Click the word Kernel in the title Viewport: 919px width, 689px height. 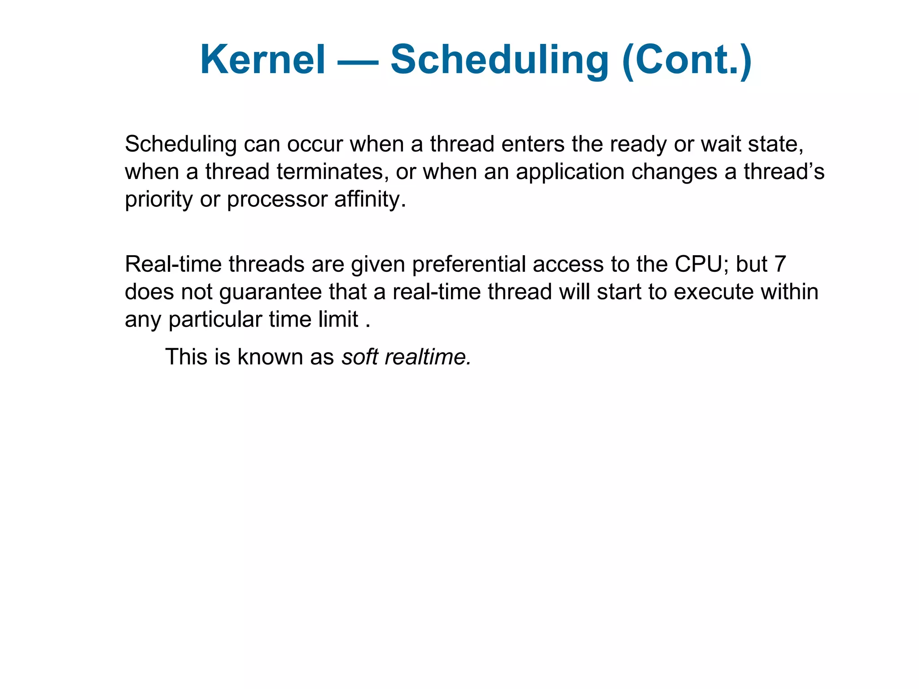(x=263, y=60)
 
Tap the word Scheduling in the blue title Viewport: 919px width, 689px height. (x=499, y=60)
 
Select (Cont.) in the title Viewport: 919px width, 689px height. (x=687, y=60)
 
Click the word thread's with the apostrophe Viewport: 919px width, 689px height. (x=784, y=172)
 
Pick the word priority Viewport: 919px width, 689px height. (x=158, y=200)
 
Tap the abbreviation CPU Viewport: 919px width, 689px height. (x=701, y=264)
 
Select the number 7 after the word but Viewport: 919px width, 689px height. (x=780, y=264)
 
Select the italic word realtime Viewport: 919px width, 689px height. (x=428, y=357)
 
